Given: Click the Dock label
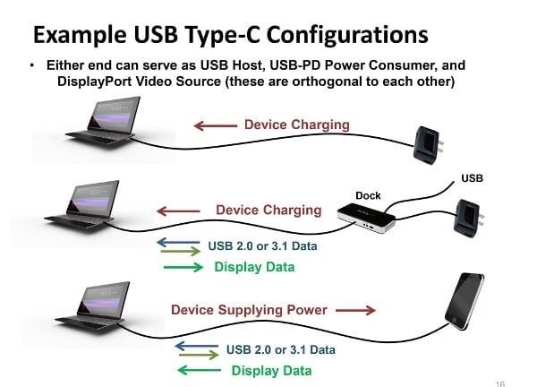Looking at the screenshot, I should pyautogui.click(x=368, y=195).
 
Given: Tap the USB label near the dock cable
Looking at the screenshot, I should pyautogui.click(x=472, y=178).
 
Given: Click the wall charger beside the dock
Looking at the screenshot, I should pyautogui.click(x=467, y=219).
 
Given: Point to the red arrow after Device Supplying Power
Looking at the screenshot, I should pyautogui.click(x=356, y=311).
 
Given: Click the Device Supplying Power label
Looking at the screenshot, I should pyautogui.click(x=249, y=310).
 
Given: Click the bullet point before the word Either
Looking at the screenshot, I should pyautogui.click(x=33, y=66).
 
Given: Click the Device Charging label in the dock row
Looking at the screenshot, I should pyautogui.click(x=268, y=211).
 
